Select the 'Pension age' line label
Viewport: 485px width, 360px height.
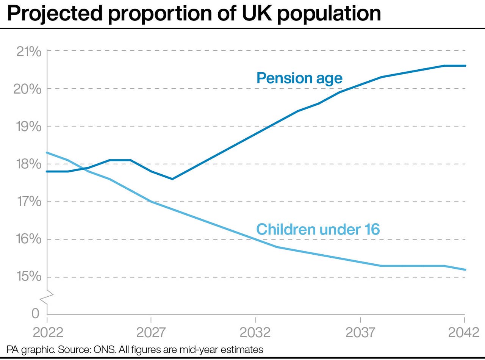[x=299, y=78]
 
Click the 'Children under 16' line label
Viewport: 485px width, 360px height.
[x=318, y=229]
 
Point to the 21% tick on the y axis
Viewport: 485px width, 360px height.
[x=29, y=51]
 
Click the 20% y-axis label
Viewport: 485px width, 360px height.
[x=29, y=89]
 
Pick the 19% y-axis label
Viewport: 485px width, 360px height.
[x=29, y=127]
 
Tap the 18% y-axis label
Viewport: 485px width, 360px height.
[x=29, y=164]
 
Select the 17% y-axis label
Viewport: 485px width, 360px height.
[x=29, y=202]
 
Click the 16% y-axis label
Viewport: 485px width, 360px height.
[x=29, y=239]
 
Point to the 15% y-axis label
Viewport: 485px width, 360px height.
[x=29, y=277]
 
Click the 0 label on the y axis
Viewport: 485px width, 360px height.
[x=35, y=313]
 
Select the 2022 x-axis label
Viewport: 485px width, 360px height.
[x=48, y=332]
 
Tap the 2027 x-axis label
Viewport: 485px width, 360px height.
[x=151, y=332]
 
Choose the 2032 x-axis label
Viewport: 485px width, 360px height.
[x=256, y=332]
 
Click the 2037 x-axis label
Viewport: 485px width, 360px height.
[x=360, y=332]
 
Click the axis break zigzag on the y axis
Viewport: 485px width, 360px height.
[x=47, y=297]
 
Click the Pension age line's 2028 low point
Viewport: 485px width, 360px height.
[x=172, y=179]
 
